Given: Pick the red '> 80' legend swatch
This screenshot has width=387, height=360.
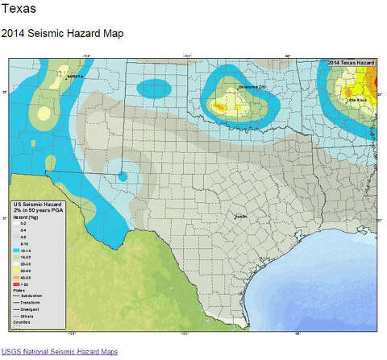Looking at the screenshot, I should (17, 285).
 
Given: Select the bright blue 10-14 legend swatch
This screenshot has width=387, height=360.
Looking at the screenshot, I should (17, 250).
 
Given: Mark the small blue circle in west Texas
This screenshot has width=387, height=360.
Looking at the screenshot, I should (123, 176).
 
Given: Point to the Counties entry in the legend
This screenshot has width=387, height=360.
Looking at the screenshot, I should (21, 322).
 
